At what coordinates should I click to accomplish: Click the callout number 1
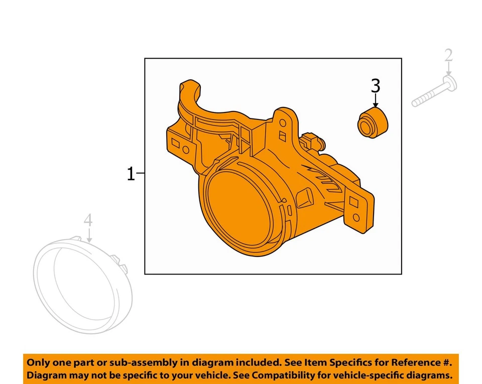131,174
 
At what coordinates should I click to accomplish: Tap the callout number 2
448,56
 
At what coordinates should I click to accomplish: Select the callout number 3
376,86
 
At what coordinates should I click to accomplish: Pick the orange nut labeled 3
372,122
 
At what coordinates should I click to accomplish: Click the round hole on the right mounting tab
356,217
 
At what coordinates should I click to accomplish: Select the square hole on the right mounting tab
353,200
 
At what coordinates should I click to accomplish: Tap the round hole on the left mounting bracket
186,150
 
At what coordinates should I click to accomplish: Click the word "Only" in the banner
38,362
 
